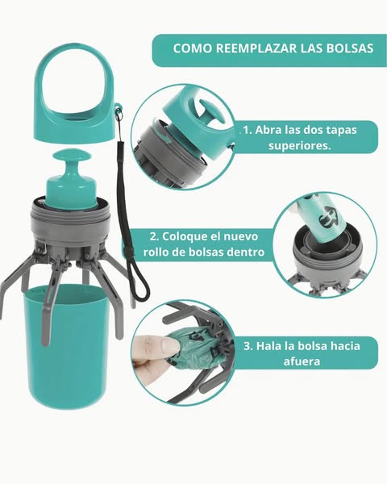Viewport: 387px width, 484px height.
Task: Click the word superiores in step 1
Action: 299,145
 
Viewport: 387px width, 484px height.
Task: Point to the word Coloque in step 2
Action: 182,236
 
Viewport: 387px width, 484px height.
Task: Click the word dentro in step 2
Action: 245,252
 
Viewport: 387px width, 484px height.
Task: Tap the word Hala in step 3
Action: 269,346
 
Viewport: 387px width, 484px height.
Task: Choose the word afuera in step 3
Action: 302,361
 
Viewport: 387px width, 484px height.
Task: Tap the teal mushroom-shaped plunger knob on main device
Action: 71,179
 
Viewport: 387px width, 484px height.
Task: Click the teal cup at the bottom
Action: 66,346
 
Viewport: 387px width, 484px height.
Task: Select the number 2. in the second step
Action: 154,236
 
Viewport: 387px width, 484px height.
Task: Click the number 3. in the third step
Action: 248,346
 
